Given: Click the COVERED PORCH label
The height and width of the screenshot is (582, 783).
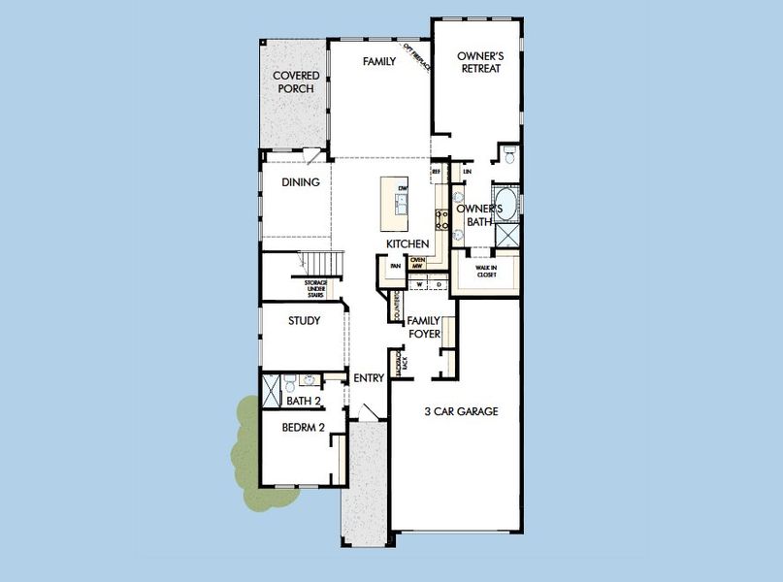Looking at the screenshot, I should coord(296,82).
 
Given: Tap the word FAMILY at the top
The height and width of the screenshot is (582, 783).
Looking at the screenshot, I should coord(379,61).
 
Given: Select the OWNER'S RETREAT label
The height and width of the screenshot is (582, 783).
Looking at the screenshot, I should coord(478,63).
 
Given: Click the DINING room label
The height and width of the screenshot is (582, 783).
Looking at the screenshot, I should coord(301,181).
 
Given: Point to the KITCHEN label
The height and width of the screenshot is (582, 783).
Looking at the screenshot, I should coord(408,242).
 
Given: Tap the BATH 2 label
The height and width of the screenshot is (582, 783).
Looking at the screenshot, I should coord(304,400).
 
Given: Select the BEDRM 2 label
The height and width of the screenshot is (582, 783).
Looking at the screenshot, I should coord(303,427).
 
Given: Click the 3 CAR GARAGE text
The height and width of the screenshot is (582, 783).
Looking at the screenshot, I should coord(462,411).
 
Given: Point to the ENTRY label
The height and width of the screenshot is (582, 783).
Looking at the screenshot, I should coord(369,378).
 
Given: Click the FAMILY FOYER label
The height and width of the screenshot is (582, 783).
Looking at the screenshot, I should coord(424,327).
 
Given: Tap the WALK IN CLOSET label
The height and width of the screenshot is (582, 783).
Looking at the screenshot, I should coord(486,271).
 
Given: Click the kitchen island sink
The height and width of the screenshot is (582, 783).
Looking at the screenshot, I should coord(401,202).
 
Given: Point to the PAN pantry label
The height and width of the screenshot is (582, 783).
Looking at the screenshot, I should coord(395,266).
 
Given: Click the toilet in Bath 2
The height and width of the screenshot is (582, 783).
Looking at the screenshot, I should coord(309,380).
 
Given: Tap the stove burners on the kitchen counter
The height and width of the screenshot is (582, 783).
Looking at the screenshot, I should coord(440,218).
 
